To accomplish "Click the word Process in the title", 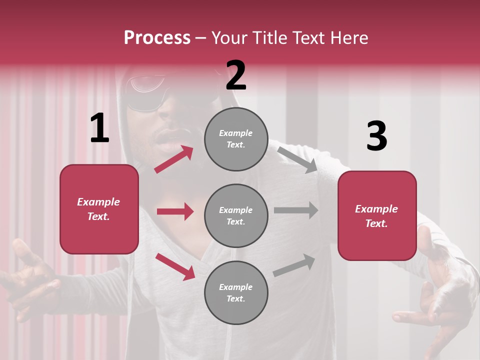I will click(x=157, y=38).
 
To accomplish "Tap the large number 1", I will click(x=99, y=128).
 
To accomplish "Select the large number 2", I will click(x=236, y=75).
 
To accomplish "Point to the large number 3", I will click(x=376, y=136).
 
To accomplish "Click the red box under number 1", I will click(x=99, y=209).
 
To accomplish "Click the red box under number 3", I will click(x=377, y=215).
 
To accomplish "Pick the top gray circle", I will click(x=236, y=139).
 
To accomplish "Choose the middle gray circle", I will click(x=236, y=215).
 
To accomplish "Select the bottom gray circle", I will click(x=236, y=292).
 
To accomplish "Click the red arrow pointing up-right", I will click(x=174, y=159).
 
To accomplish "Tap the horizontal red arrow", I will click(x=175, y=211).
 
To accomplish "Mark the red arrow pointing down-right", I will click(x=175, y=266).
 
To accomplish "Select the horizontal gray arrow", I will click(x=296, y=210).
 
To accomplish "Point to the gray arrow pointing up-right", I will click(x=294, y=265).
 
